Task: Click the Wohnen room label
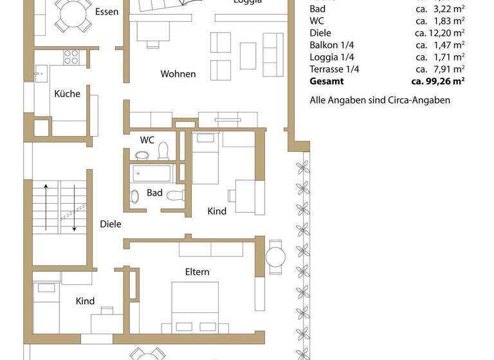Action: tap(178, 74)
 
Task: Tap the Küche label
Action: tap(67, 94)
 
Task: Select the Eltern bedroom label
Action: tap(197, 272)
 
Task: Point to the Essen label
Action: tap(106, 12)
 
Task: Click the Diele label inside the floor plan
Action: tap(111, 224)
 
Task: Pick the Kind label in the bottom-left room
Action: tap(85, 301)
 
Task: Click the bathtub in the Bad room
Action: tap(152, 174)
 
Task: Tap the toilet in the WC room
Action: tap(163, 150)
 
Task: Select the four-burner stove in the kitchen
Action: tap(71, 57)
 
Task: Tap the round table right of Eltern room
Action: tap(275, 256)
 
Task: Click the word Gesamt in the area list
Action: tap(327, 82)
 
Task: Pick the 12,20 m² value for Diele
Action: tap(439, 33)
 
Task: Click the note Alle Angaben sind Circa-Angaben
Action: tap(380, 100)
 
